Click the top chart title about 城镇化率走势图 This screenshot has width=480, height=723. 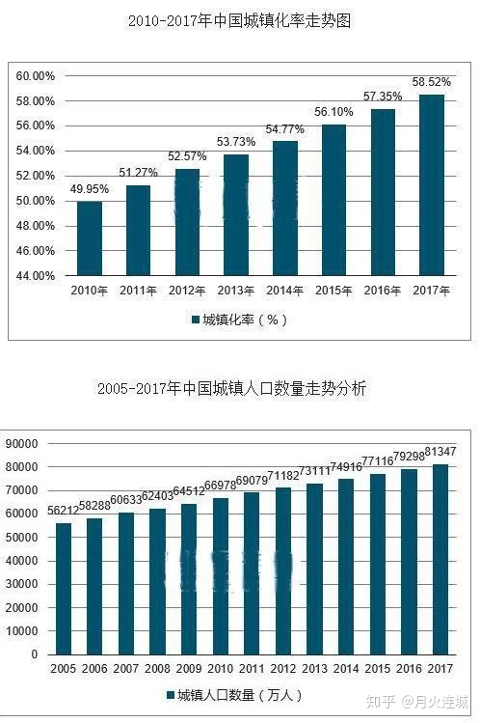[x=239, y=20]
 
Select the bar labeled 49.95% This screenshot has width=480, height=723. [x=90, y=237]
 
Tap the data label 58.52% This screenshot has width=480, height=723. [x=432, y=83]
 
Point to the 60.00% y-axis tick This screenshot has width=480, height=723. [x=37, y=76]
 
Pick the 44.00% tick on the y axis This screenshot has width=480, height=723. [x=37, y=276]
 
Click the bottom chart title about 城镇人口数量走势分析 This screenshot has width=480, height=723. [x=231, y=389]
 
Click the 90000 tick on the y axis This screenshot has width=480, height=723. [x=21, y=444]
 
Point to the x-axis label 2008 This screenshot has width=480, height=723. [x=157, y=668]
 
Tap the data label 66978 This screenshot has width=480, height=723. [x=221, y=486]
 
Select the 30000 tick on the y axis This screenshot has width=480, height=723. [x=21, y=584]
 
